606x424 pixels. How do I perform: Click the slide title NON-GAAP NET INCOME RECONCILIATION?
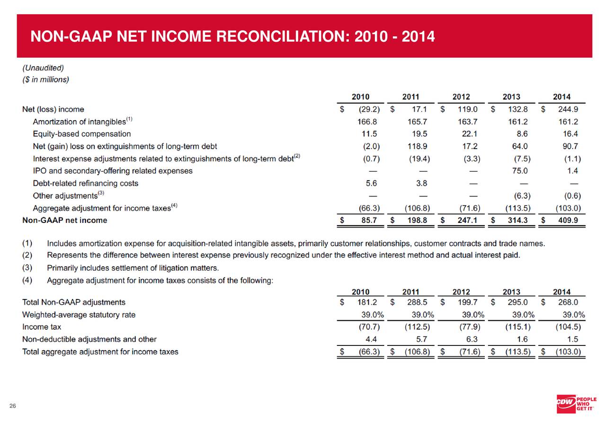pos(232,36)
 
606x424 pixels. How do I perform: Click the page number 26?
pos(13,406)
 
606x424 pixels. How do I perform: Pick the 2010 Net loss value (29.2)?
pos(370,109)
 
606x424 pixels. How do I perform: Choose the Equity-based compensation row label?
pos(81,134)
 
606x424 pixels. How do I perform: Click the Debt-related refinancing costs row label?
pos(85,183)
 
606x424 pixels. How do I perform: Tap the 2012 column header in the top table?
pos(461,97)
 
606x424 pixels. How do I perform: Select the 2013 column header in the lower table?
pos(511,291)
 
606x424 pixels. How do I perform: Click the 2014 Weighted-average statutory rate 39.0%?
pos(570,314)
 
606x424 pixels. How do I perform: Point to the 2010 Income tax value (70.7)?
pos(370,327)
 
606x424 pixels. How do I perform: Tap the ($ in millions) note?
pos(45,79)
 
